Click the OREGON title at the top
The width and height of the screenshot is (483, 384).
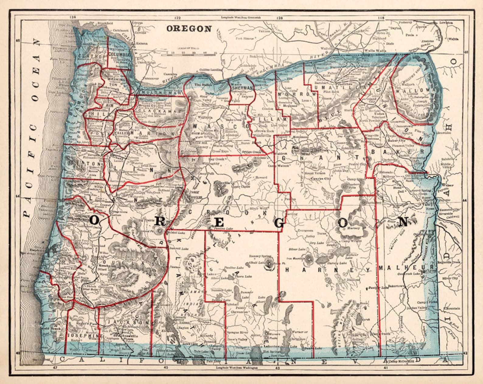[x=189, y=29]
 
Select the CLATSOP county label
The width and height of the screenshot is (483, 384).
[x=88, y=56]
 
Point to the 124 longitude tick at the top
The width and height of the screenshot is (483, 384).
[x=72, y=17]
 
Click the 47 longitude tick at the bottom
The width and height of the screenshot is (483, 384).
[x=55, y=368]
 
